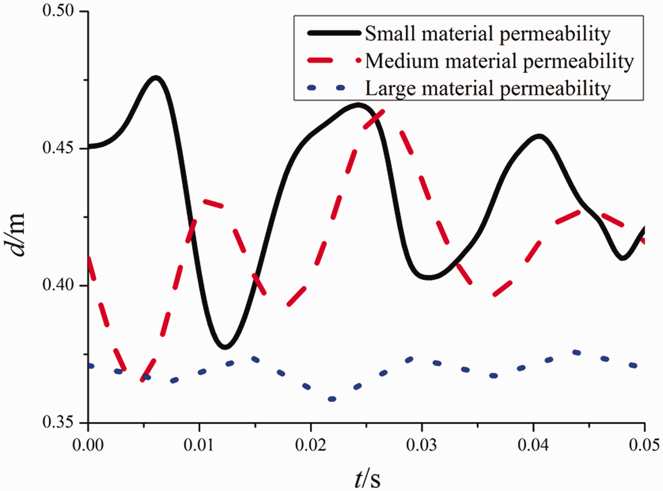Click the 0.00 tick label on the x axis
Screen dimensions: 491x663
[x=88, y=445]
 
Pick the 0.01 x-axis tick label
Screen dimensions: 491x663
[x=200, y=445]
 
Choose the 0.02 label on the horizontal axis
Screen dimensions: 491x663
[x=311, y=445]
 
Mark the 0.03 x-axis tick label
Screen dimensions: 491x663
[x=422, y=445]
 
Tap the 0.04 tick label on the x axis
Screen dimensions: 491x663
[x=533, y=445]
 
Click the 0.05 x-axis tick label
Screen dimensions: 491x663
[x=644, y=445]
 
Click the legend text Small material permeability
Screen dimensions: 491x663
[x=487, y=34]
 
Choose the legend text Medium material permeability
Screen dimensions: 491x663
[x=499, y=61]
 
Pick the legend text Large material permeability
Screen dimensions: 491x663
[x=488, y=88]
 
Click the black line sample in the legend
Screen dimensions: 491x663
[x=334, y=33]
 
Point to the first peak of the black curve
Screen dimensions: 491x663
[x=155, y=78]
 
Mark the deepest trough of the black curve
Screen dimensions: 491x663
[x=225, y=347]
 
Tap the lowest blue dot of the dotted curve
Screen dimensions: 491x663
[x=332, y=399]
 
